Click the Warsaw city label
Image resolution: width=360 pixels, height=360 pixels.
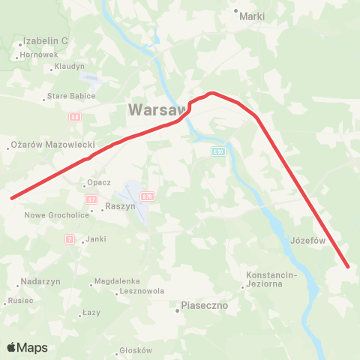[x=157, y=109]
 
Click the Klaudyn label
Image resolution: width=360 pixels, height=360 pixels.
[x=69, y=67]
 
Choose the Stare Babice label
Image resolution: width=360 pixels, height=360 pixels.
[x=71, y=96]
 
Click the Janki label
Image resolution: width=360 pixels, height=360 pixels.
[x=95, y=239]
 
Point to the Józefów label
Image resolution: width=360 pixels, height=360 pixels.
[x=306, y=241]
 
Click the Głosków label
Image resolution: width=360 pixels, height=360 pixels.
[x=135, y=350]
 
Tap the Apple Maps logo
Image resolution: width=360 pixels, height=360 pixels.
[x=28, y=347]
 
